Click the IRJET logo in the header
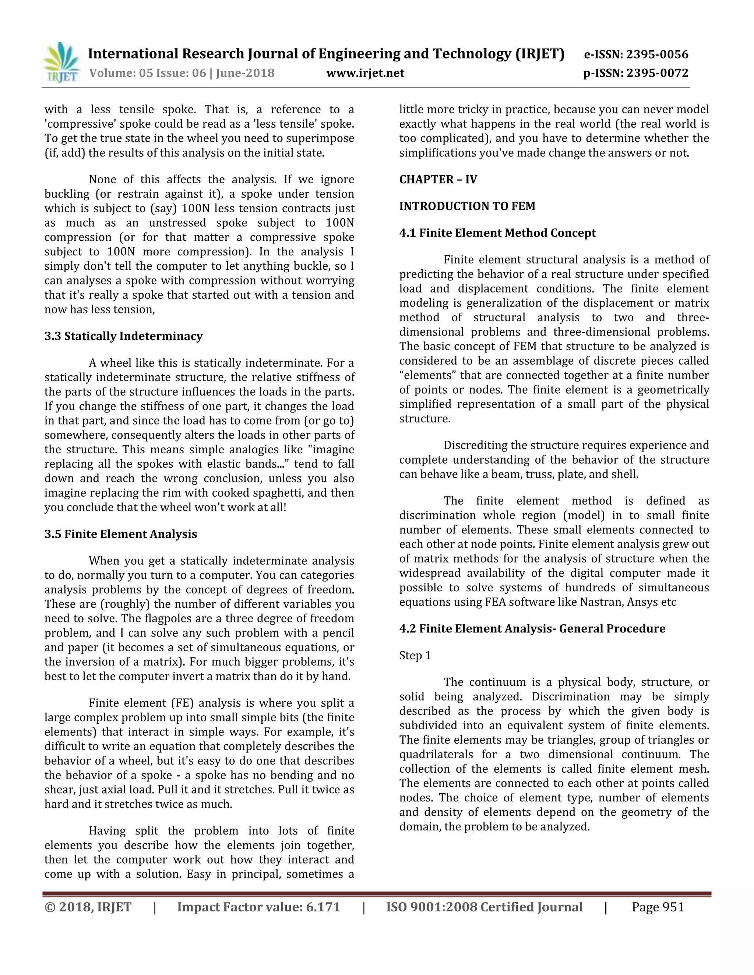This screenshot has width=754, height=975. pyautogui.click(x=61, y=63)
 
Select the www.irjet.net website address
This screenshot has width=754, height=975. pyautogui.click(x=365, y=73)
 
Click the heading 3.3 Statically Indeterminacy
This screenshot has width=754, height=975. pyautogui.click(x=123, y=336)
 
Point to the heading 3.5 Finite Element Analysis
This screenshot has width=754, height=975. pyautogui.click(x=121, y=534)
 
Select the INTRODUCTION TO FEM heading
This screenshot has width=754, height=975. pyautogui.click(x=467, y=206)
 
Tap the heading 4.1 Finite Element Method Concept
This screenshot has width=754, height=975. pyautogui.click(x=497, y=233)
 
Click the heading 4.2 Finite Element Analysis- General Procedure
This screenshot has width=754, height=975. pyautogui.click(x=532, y=628)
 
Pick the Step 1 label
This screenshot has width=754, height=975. pyautogui.click(x=415, y=655)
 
